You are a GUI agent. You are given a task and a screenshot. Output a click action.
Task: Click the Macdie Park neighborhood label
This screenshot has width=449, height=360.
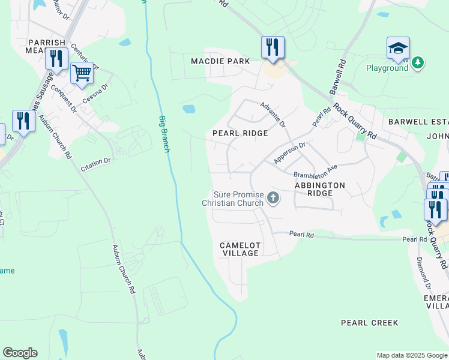tap(220, 61)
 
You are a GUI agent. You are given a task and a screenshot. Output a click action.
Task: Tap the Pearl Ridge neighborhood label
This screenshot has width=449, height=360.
tap(240, 133)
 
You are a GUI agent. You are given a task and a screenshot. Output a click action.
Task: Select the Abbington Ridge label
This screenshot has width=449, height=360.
tap(320, 189)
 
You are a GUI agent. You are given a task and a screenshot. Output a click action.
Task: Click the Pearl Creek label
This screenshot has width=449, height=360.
tap(369, 323)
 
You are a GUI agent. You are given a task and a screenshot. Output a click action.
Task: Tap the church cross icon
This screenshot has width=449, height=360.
tap(273, 197)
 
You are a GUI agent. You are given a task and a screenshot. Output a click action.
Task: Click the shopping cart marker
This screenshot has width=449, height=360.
tap(82, 74)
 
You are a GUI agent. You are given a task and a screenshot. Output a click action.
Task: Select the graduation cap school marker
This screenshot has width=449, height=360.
tap(398, 49)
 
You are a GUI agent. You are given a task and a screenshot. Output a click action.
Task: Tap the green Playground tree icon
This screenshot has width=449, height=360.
tap(418, 62)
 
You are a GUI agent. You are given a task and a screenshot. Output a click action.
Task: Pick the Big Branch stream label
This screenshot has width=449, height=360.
tap(164, 133)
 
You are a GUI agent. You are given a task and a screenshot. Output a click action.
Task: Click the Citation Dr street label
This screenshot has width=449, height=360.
tap(95, 164)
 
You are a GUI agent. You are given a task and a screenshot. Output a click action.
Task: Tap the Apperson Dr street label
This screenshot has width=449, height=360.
tap(289, 152)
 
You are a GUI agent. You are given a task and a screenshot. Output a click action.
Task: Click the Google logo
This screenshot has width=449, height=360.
tap(20, 353)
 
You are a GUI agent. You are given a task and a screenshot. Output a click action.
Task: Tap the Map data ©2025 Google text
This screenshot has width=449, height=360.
tap(412, 355)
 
